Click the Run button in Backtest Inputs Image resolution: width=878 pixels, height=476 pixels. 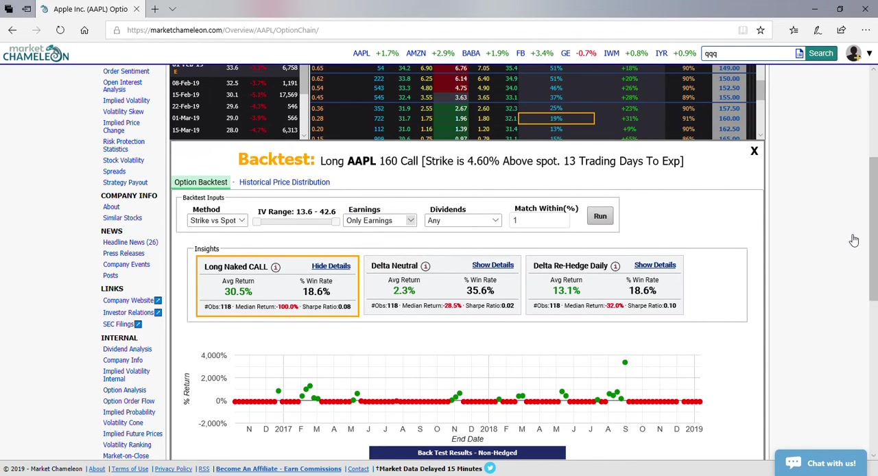[600, 216]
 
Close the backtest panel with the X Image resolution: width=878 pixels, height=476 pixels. [754, 151]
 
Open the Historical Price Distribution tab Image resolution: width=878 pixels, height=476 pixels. [284, 182]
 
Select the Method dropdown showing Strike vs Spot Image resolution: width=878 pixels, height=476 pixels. [217, 221]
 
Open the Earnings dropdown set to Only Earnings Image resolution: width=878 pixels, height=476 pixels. [380, 221]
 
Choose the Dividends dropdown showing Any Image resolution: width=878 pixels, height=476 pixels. [464, 221]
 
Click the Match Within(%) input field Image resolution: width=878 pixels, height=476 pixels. [541, 220]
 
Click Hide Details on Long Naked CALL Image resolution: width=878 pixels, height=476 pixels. [331, 266]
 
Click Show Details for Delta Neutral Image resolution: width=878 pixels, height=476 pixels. [493, 265]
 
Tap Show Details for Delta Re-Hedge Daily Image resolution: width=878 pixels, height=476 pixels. [654, 265]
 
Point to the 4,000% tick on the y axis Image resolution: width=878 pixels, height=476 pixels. [213, 355]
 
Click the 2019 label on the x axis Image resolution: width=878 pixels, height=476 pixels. [693, 429]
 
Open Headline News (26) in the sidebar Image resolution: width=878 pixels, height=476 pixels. [130, 242]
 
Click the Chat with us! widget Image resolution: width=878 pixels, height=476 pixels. [820, 463]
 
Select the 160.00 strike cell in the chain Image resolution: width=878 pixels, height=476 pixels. [729, 119]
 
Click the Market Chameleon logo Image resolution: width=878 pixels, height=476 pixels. [36, 53]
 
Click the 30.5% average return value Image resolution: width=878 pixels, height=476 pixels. [238, 292]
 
